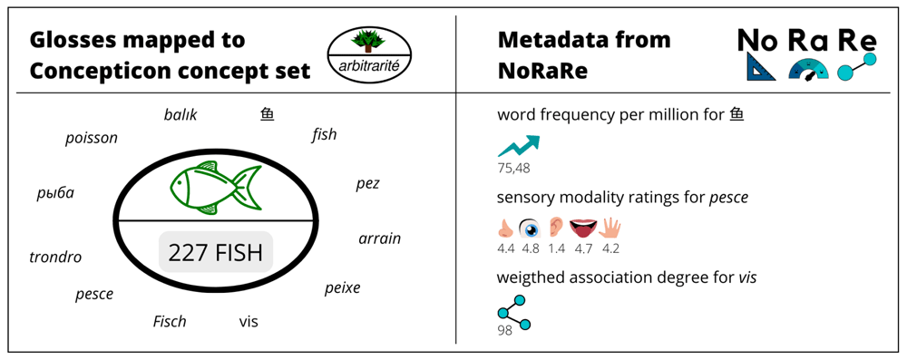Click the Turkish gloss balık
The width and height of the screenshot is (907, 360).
[x=180, y=114]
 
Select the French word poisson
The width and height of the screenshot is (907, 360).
[x=92, y=139]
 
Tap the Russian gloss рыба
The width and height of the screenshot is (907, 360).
[x=55, y=193]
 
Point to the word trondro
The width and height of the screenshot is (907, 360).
[x=55, y=257]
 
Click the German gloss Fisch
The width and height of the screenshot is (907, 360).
[x=170, y=321]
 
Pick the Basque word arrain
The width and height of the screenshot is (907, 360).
[x=379, y=238]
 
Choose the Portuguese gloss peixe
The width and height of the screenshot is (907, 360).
[x=343, y=287]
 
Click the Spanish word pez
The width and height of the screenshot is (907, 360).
[x=368, y=185]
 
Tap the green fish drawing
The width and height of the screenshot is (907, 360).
[x=215, y=187]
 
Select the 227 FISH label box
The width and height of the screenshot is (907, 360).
[x=216, y=252]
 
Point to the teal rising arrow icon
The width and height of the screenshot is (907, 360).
[x=520, y=146]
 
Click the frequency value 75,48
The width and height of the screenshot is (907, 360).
[x=513, y=169]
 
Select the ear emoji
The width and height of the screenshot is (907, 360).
[x=557, y=229]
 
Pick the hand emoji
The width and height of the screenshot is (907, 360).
[x=610, y=229]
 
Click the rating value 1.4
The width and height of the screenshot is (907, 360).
[x=557, y=249]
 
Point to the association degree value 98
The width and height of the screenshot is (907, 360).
[x=505, y=330]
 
